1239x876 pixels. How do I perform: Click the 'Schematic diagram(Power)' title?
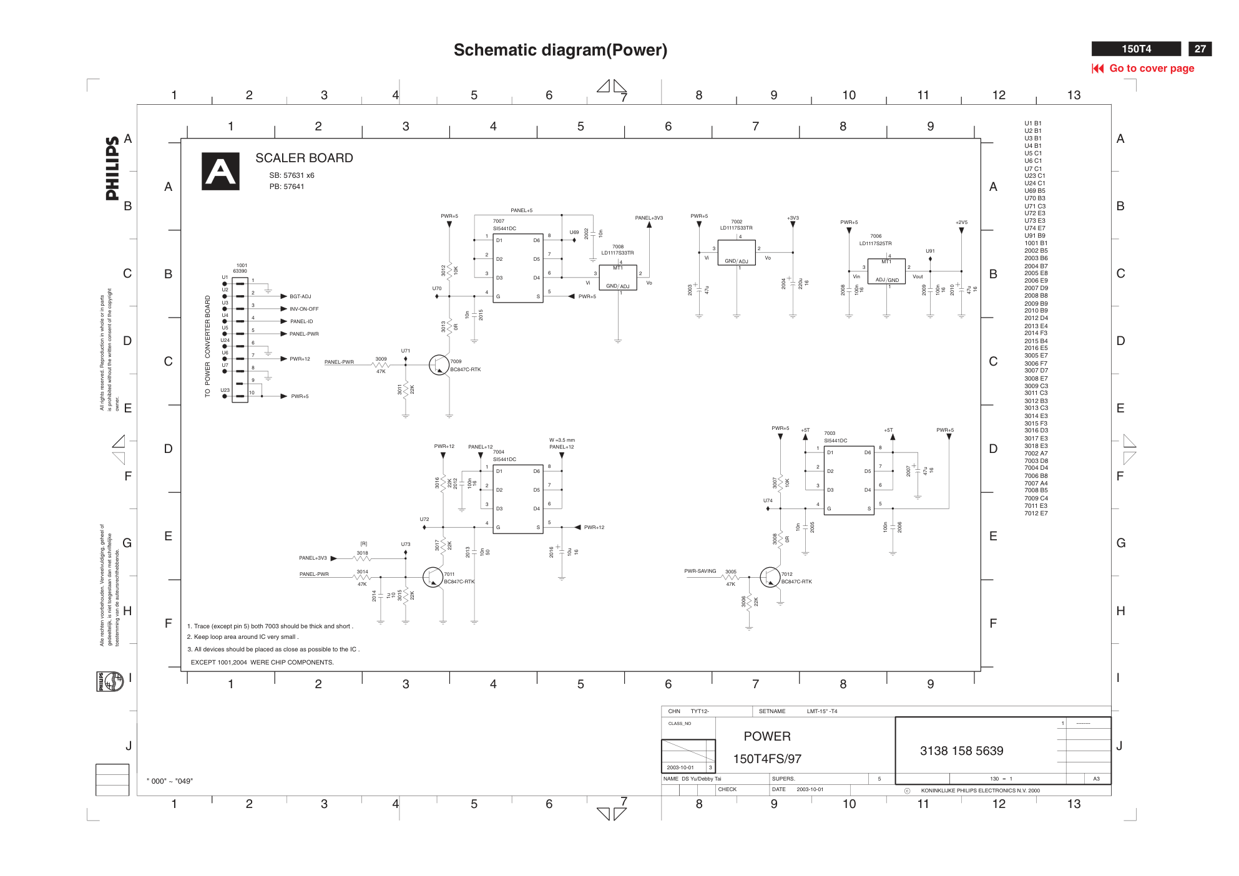pyautogui.click(x=560, y=50)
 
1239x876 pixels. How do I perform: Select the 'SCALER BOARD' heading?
pyautogui.click(x=304, y=158)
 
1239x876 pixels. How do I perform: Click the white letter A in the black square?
pyautogui.click(x=220, y=172)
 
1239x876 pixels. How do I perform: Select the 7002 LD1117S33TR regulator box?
pyautogui.click(x=737, y=253)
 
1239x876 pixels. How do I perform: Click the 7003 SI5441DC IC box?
pyautogui.click(x=848, y=480)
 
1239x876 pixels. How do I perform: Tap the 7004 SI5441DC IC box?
pyautogui.click(x=517, y=499)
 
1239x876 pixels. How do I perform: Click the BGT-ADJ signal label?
pyautogui.click(x=300, y=296)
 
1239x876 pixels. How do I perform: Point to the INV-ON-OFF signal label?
pyautogui.click(x=304, y=309)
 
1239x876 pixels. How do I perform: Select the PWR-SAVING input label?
pyautogui.click(x=700, y=571)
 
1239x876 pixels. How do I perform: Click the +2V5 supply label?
pyautogui.click(x=961, y=222)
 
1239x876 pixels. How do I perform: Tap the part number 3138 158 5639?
pyautogui.click(x=961, y=751)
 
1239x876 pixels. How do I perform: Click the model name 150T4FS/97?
pyautogui.click(x=766, y=759)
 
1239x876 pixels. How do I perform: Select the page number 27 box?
pyautogui.click(x=1200, y=49)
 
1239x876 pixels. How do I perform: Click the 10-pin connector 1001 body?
pyautogui.click(x=240, y=340)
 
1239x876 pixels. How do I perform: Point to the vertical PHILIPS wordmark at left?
pyautogui.click(x=112, y=168)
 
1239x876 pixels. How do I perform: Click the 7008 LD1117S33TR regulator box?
pyautogui.click(x=617, y=278)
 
